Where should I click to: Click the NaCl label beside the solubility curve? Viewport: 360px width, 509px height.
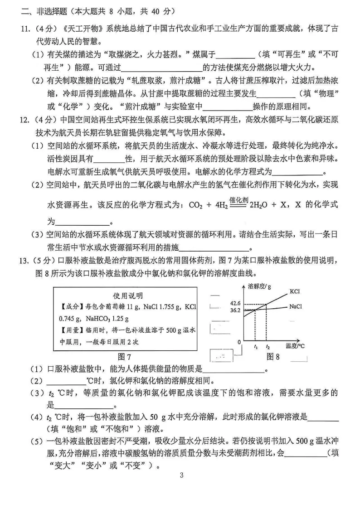pyautogui.click(x=296, y=307)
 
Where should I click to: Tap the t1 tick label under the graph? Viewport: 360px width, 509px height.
pyautogui.click(x=256, y=347)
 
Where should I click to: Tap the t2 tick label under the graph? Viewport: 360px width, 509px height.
pyautogui.click(x=268, y=347)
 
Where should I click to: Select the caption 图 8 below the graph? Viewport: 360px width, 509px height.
pyautogui.click(x=273, y=357)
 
